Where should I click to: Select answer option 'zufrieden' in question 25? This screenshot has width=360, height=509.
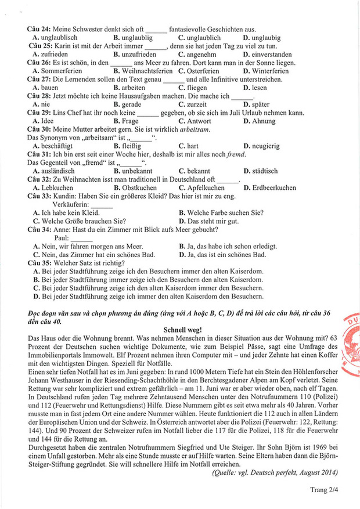coord(54,55)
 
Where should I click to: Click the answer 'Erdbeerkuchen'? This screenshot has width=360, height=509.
coord(274,188)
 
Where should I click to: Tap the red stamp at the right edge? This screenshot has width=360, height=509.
coord(351,342)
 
